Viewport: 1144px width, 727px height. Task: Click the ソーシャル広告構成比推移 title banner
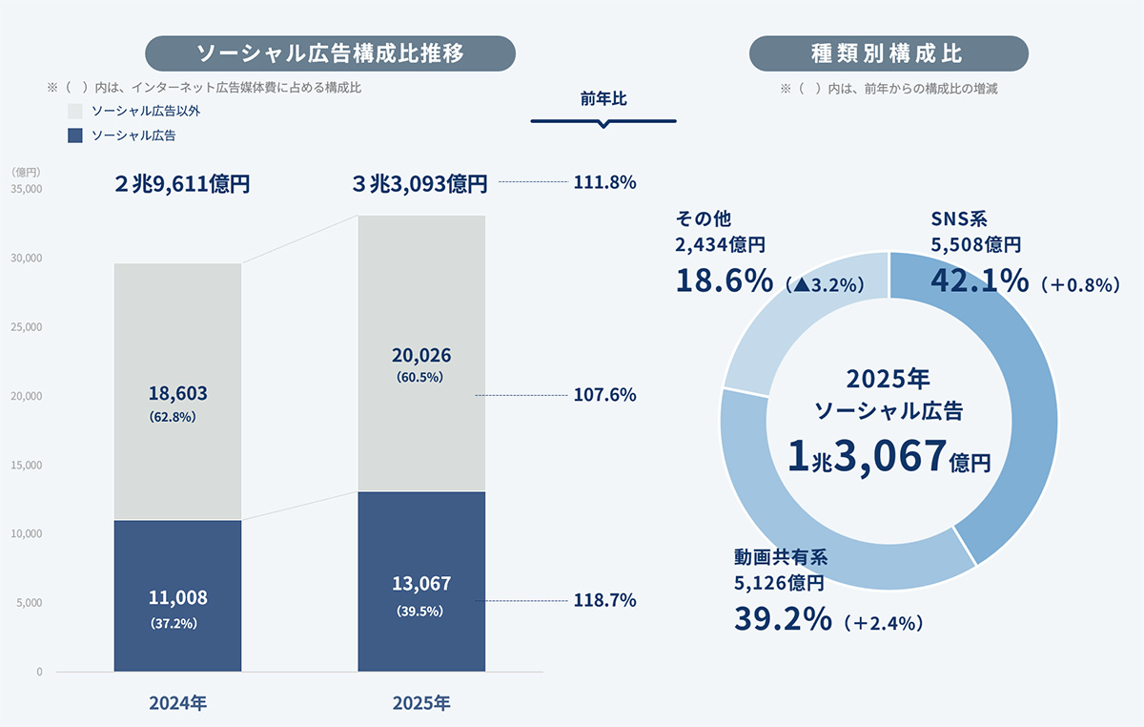pos(330,53)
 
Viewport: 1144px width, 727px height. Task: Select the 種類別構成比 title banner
pos(889,53)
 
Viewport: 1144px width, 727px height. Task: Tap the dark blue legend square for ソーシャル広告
pos(76,135)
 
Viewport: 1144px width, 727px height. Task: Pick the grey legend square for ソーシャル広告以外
pos(76,112)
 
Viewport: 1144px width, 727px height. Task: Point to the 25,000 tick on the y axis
pos(27,327)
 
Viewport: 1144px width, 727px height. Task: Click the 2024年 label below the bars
pos(177,704)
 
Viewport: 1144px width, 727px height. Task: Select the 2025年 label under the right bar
pos(421,704)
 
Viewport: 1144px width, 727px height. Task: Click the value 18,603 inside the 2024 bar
pos(177,393)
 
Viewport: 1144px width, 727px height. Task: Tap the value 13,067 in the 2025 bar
pos(421,584)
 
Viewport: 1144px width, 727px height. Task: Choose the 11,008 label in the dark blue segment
pos(177,598)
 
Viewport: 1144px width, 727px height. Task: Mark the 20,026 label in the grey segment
pos(421,355)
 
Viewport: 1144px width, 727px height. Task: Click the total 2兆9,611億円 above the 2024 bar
pos(181,184)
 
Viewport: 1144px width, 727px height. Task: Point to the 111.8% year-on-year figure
pos(604,182)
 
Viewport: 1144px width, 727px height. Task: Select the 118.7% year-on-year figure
pos(604,601)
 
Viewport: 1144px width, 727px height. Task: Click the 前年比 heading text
pos(603,98)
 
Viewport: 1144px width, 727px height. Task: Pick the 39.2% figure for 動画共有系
pos(783,619)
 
